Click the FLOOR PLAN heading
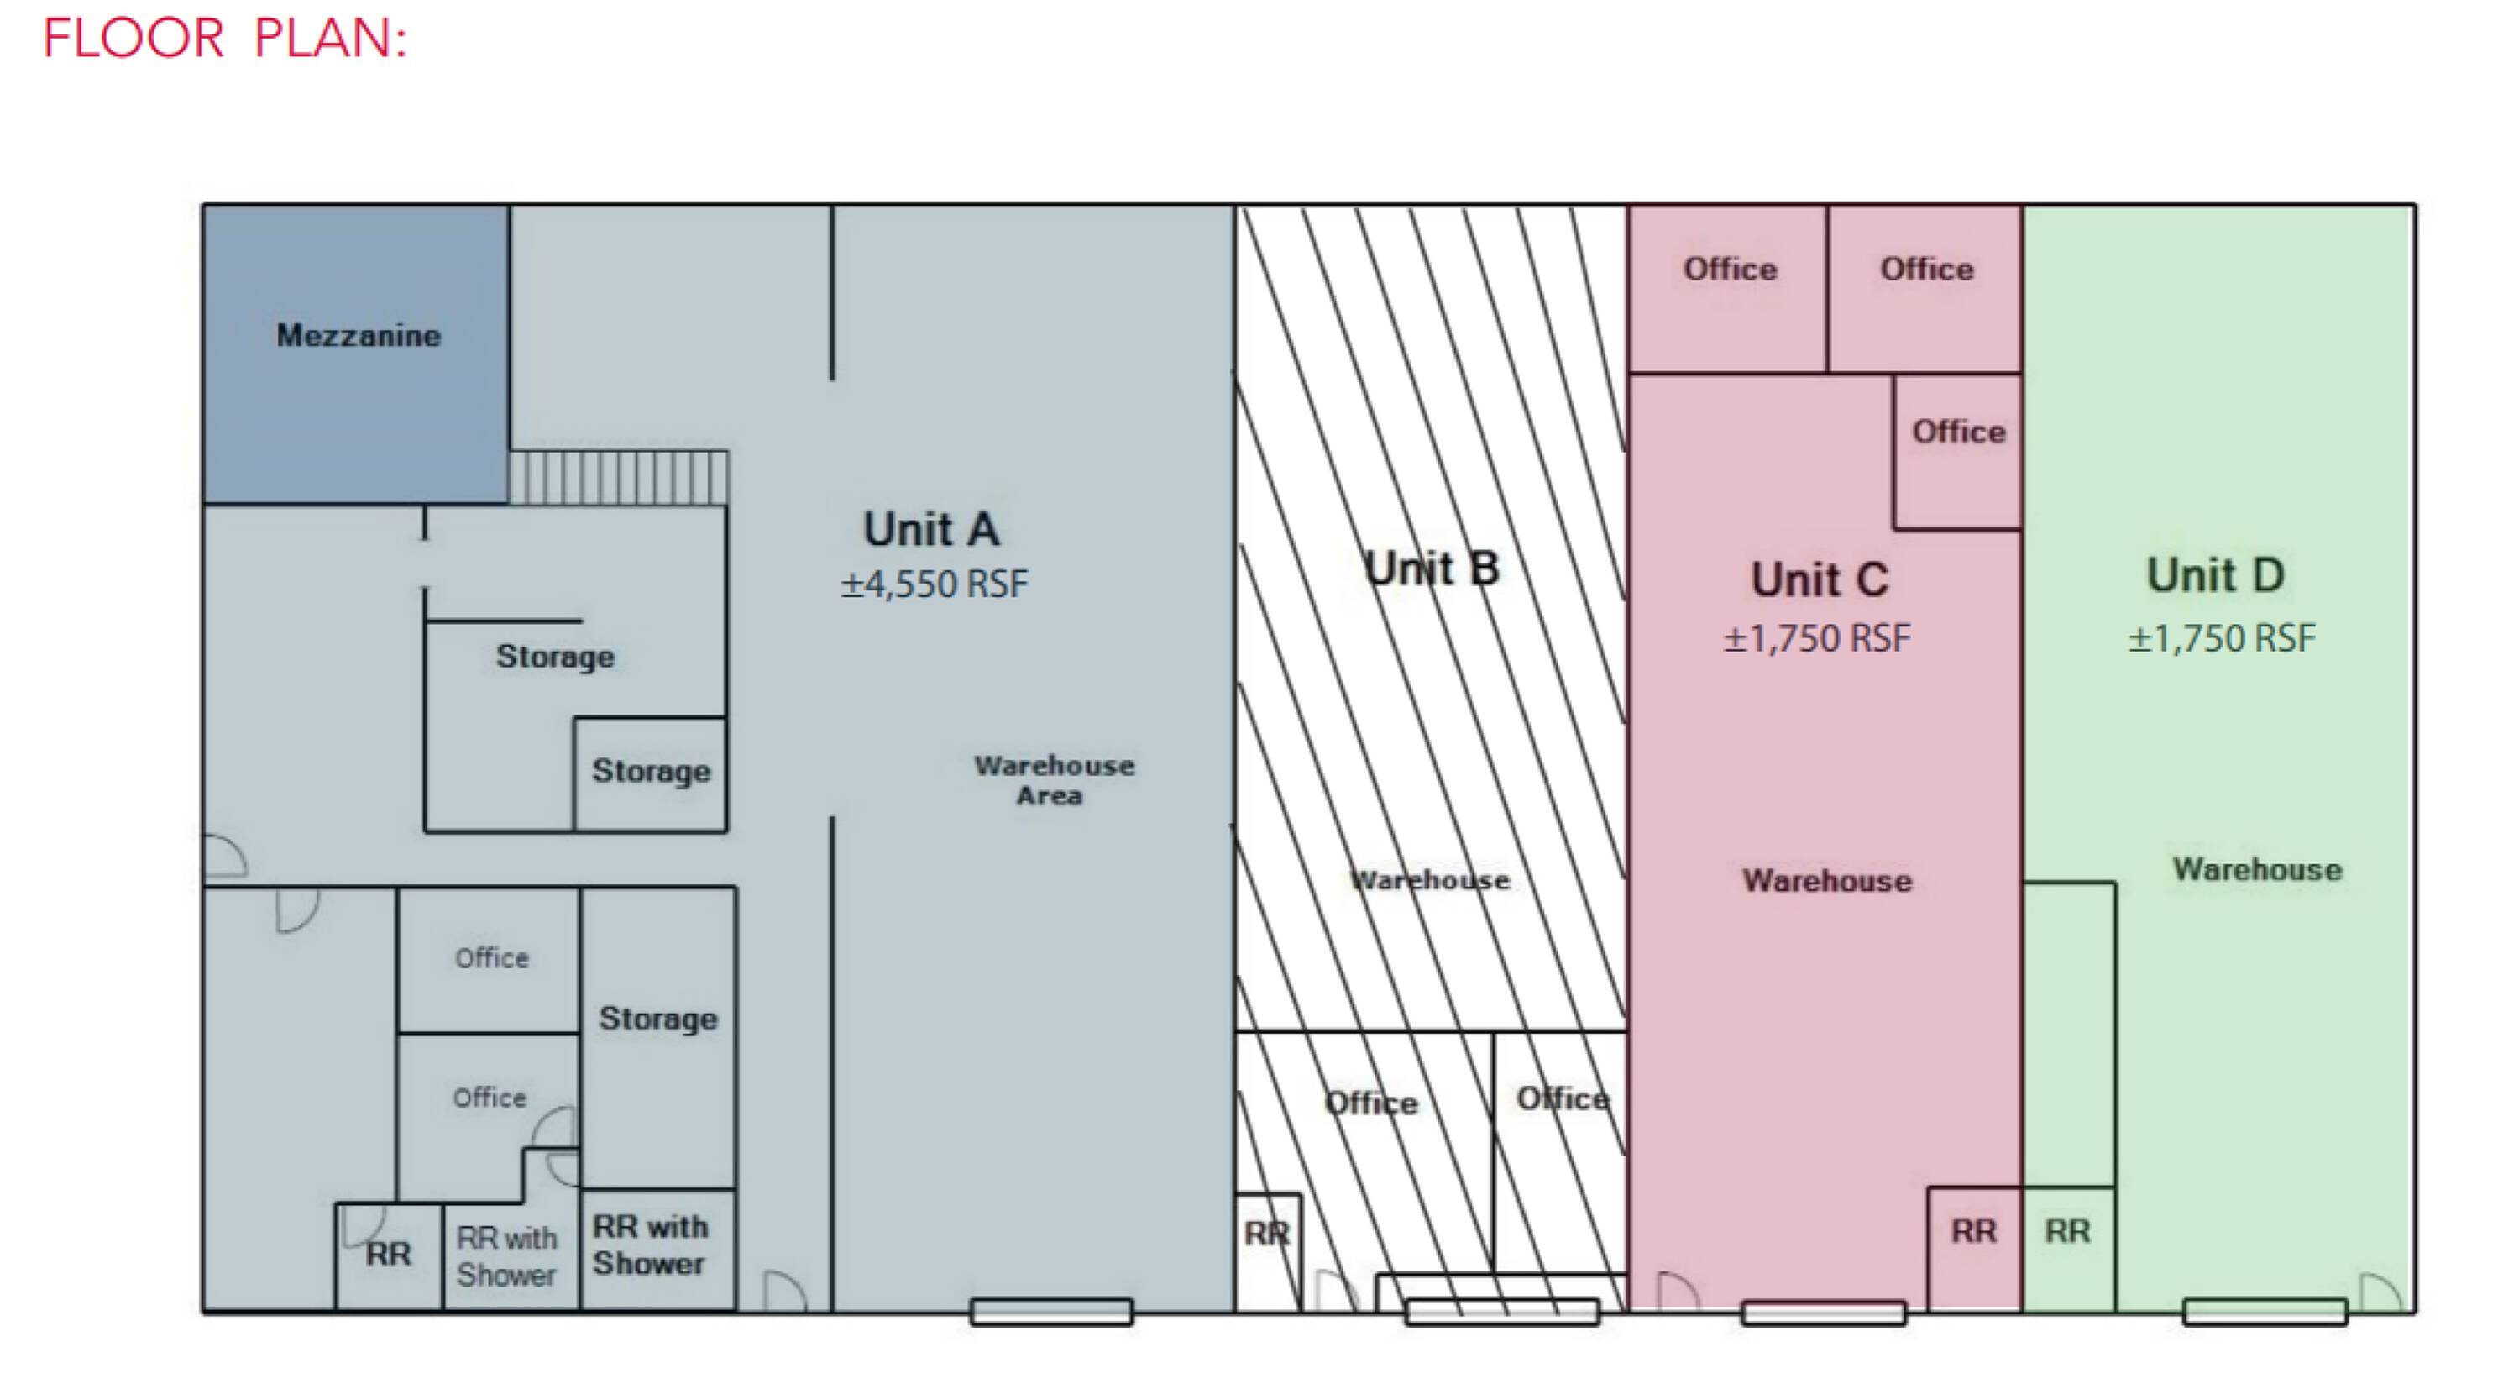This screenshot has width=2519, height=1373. [224, 39]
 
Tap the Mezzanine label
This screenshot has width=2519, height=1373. [358, 335]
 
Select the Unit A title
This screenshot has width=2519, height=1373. [931, 529]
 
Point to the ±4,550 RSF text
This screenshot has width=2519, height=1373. [934, 584]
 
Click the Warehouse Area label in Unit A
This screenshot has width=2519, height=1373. [1053, 780]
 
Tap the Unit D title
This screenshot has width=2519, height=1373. [2216, 574]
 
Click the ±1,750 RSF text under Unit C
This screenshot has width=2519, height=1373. [1816, 638]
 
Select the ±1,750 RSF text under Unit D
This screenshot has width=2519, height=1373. [2222, 638]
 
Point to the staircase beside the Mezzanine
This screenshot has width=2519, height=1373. [619, 477]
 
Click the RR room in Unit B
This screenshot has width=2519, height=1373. [1268, 1252]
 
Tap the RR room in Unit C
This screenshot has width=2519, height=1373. [1974, 1248]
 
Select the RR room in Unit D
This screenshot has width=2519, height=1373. [2068, 1248]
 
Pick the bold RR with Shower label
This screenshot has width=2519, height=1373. [649, 1245]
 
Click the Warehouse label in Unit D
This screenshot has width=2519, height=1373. [2257, 869]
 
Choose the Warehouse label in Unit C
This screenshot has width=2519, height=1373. [1826, 880]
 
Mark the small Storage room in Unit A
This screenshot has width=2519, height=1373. [650, 774]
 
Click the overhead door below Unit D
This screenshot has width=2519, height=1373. [2265, 1313]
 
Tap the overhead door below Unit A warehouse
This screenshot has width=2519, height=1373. [1051, 1313]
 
